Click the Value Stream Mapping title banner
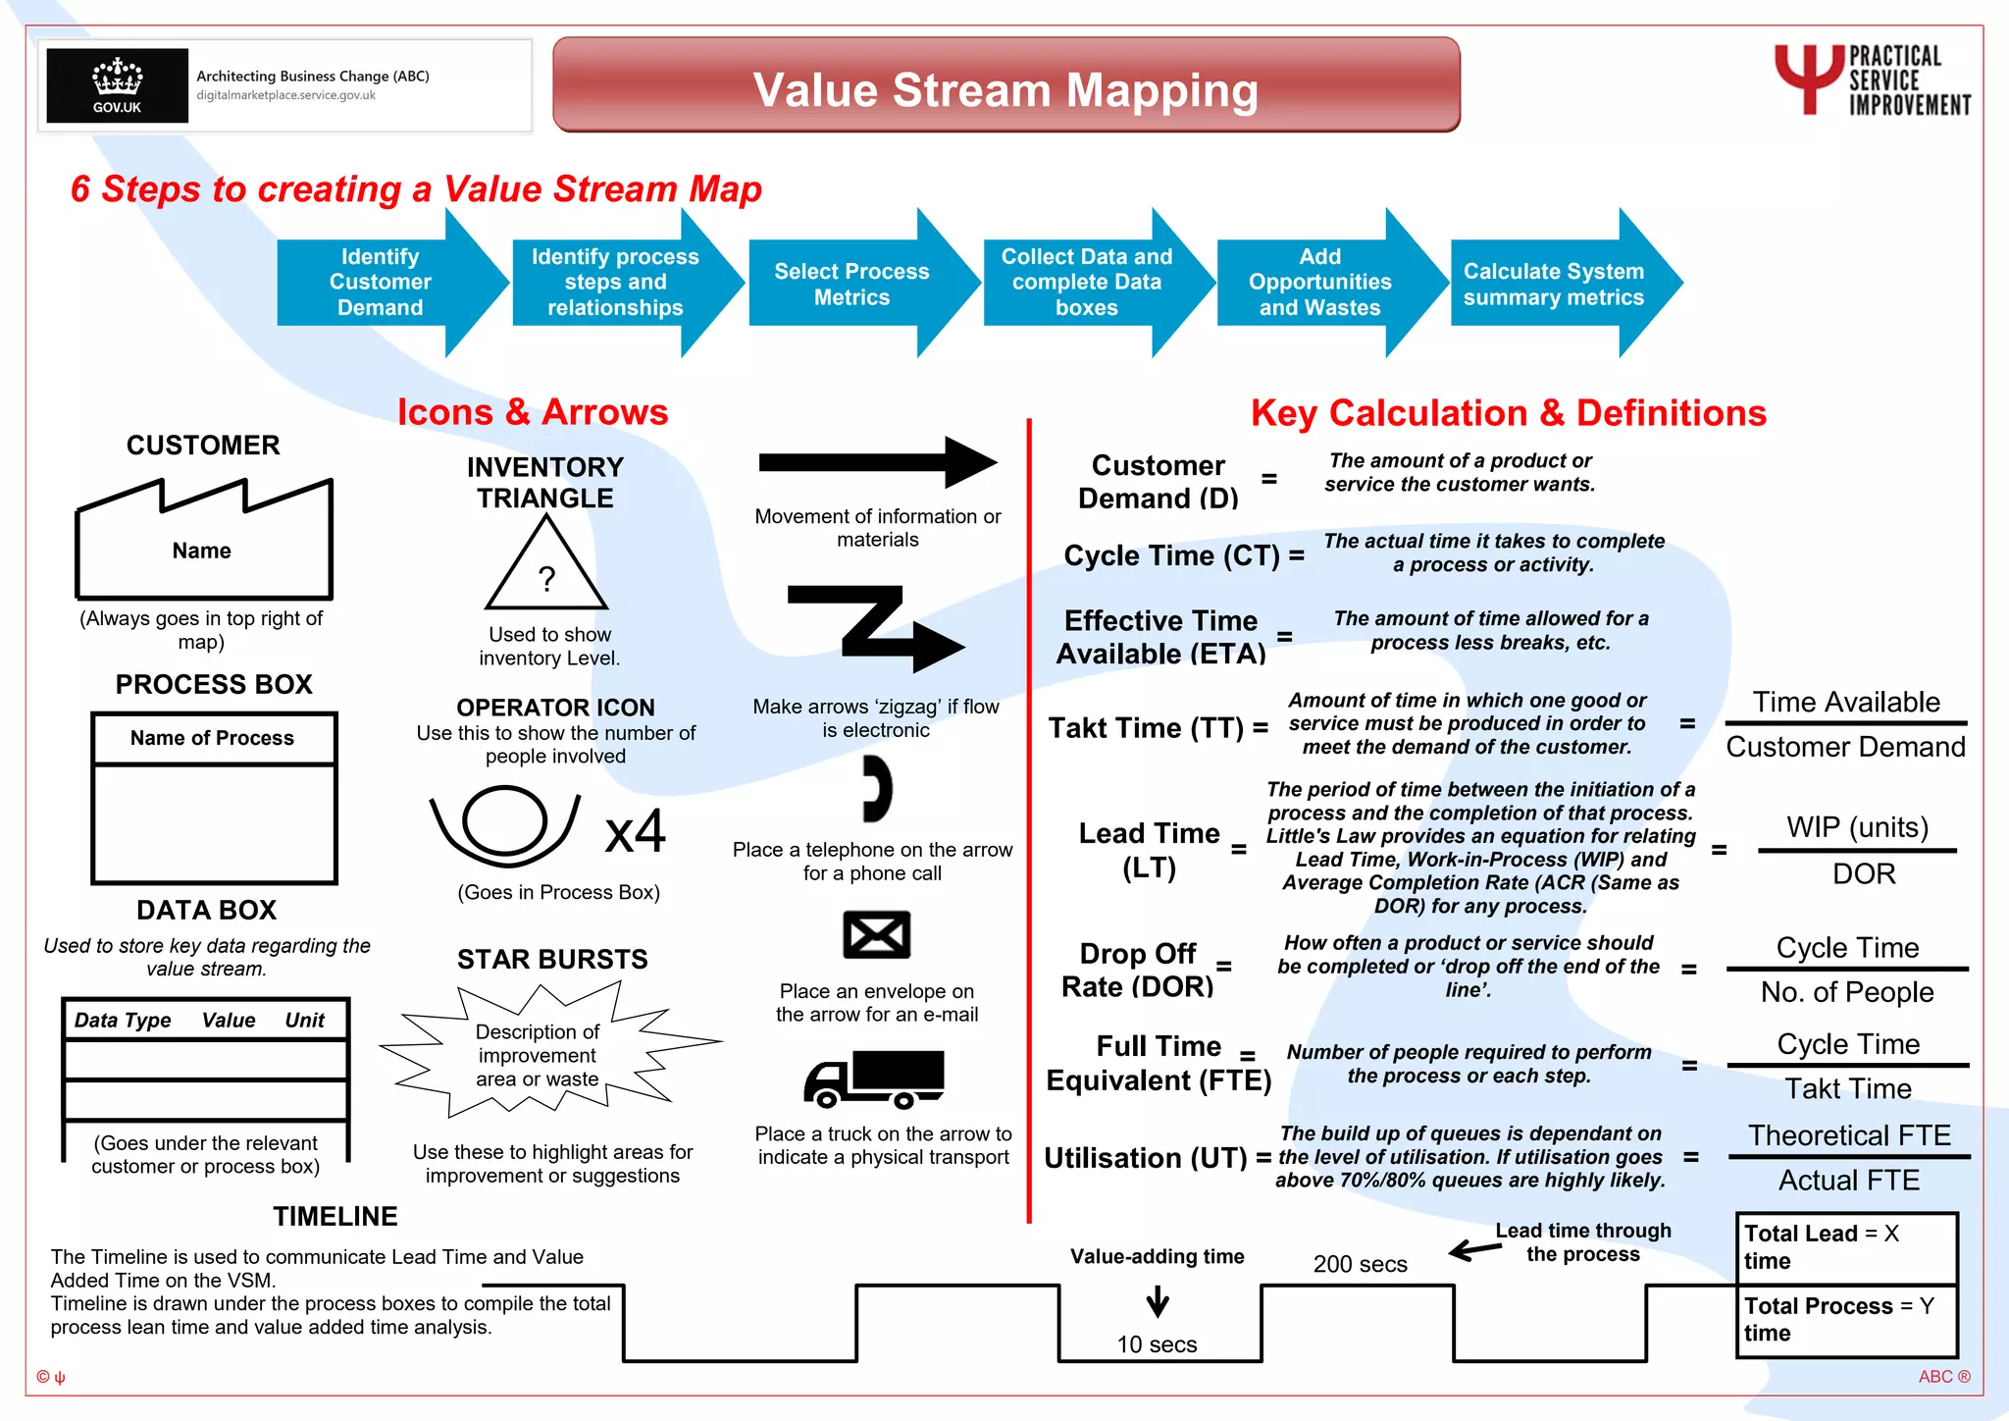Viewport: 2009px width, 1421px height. point(1005,88)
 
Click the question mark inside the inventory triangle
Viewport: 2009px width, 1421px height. point(547,579)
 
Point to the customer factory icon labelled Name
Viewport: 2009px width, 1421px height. point(203,545)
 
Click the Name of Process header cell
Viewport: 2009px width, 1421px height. point(213,738)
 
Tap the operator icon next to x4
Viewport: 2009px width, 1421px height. point(504,824)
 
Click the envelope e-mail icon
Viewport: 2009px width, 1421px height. point(876,934)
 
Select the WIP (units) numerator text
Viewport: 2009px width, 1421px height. point(1857,827)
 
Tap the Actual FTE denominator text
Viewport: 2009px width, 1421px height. point(1849,1180)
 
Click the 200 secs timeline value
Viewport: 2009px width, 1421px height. point(1360,1264)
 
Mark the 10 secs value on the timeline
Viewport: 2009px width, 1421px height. point(1157,1344)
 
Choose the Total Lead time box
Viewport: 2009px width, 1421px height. point(1846,1247)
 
